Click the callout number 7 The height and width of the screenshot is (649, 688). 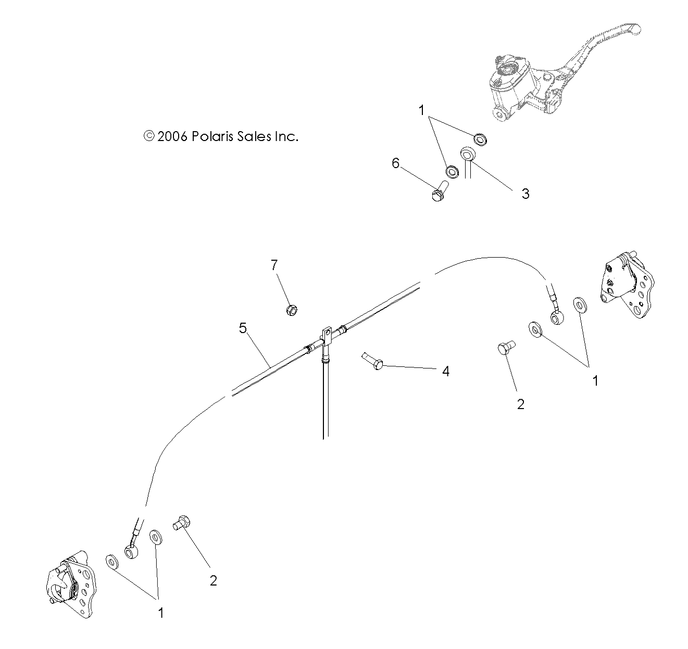coord(274,265)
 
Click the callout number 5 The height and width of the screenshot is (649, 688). coord(242,328)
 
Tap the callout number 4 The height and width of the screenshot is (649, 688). coord(445,371)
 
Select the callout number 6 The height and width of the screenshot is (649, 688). coord(396,163)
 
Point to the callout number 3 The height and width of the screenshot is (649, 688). coord(525,194)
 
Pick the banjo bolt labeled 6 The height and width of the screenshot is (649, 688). coord(439,190)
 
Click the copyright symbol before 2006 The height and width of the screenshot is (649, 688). coord(149,136)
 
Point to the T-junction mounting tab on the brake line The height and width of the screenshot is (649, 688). coord(327,335)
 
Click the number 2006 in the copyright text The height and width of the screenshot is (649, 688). coord(172,136)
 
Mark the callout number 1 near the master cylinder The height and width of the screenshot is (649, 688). coord(422,110)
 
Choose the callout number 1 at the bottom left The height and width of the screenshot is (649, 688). coord(161,613)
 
